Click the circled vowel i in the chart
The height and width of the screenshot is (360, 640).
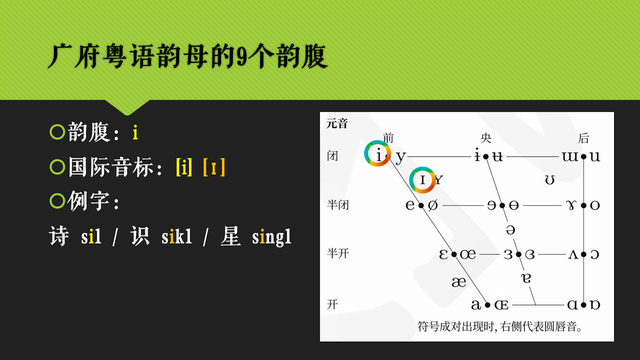[378, 154]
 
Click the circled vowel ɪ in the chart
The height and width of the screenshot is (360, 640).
[423, 180]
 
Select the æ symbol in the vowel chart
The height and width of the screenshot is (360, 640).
[458, 282]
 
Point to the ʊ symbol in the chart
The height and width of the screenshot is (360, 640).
[550, 180]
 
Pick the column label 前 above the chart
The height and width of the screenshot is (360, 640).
[388, 138]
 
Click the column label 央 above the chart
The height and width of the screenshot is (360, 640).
[486, 138]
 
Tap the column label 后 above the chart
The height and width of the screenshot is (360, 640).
[584, 138]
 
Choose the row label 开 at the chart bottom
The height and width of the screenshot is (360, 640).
[332, 302]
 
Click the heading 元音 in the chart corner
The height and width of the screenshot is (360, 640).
[336, 124]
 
